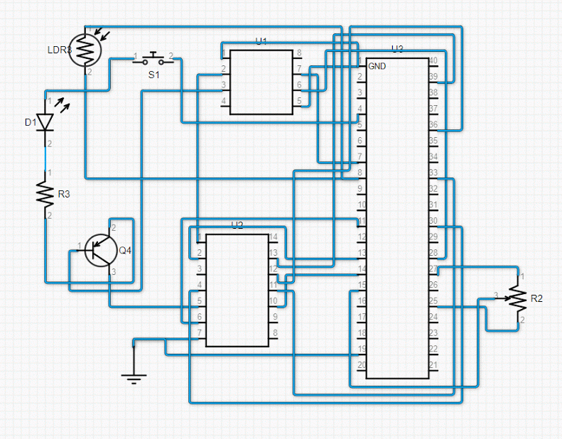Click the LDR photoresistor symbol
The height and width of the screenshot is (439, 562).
point(85,49)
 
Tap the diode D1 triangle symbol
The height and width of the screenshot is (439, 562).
point(46,122)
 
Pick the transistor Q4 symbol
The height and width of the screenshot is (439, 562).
point(99,249)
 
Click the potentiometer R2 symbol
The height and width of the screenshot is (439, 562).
point(518,299)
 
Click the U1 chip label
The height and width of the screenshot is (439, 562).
point(261,42)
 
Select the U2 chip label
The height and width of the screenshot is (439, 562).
point(237,225)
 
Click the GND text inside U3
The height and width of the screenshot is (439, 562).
point(377,66)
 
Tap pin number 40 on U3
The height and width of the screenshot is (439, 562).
point(433,60)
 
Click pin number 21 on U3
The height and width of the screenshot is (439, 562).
point(433,365)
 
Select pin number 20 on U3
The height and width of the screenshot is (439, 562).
point(362,365)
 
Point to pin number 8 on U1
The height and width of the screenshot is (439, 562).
point(299,53)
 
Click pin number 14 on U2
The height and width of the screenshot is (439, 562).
point(272,237)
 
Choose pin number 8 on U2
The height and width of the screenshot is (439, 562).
point(274,332)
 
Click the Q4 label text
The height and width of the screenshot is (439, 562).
point(125,250)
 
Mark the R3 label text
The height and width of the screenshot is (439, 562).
point(64,193)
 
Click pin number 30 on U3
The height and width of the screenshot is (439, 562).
point(433,221)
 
